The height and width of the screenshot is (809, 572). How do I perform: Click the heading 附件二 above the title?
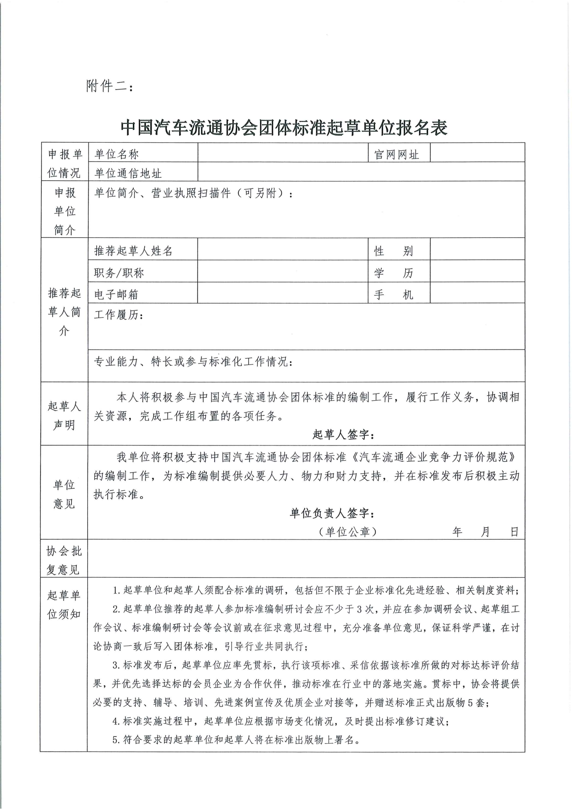(110, 86)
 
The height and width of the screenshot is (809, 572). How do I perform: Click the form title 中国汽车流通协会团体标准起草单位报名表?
(284, 128)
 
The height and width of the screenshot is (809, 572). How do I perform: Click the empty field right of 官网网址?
(477, 153)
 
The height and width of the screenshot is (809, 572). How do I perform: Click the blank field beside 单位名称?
(283, 153)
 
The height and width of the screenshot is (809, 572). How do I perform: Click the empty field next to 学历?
(477, 271)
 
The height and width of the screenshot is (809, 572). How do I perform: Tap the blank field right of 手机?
(477, 293)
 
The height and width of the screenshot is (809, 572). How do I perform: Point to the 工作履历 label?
(118, 315)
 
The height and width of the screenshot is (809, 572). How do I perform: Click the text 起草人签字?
(343, 435)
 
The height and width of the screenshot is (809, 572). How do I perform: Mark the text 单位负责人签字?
(332, 513)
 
